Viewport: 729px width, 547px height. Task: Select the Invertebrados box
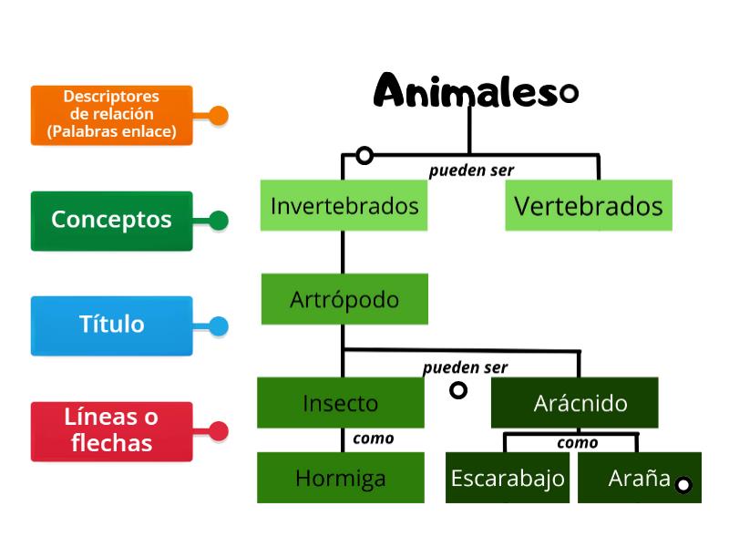coord(344,205)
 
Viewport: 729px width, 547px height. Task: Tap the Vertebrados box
coord(588,205)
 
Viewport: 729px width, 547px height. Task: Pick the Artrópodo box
coord(344,299)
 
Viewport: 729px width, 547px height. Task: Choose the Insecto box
coord(340,403)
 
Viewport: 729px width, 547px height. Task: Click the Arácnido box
coord(580,403)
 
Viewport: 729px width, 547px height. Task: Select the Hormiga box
coord(340,478)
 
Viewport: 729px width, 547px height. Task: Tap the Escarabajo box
coord(508,478)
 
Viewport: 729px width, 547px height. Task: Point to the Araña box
coord(638,478)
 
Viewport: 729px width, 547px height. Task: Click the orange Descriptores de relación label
coord(111,115)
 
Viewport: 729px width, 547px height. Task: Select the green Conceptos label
coord(111,220)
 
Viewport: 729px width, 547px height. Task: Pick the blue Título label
coord(111,325)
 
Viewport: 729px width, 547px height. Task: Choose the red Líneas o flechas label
coord(111,430)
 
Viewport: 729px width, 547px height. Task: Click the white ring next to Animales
coord(569,93)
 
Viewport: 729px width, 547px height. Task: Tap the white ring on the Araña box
coord(683,485)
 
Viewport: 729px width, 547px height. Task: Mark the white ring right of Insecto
coord(458,390)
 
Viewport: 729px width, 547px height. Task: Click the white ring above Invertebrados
coord(364,155)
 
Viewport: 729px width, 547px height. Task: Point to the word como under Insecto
coord(373,439)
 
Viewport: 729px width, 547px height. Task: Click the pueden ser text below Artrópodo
coord(465,368)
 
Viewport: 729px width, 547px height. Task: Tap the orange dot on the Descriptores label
coord(218,116)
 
